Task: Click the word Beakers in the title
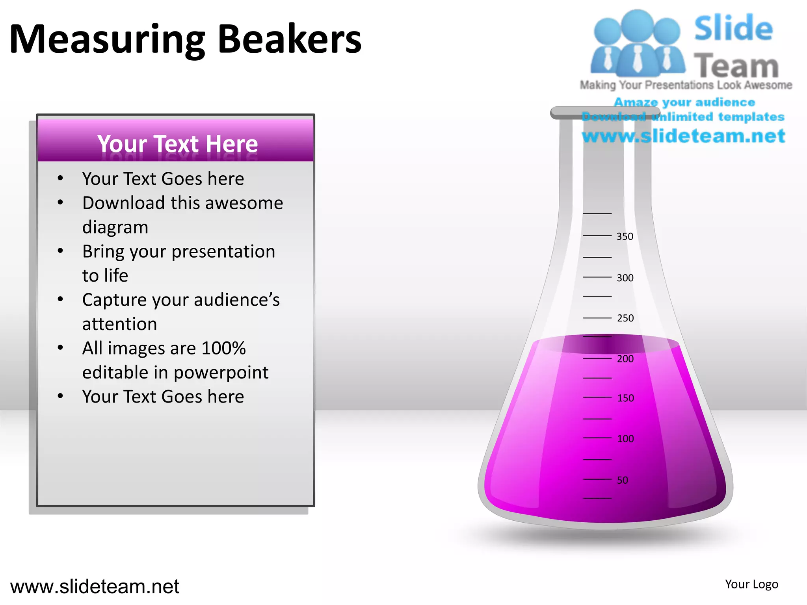(x=289, y=39)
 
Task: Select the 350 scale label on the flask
(x=625, y=236)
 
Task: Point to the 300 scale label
(x=625, y=278)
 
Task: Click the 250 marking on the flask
(x=625, y=318)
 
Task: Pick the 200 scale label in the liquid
(x=625, y=359)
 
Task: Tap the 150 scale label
(x=625, y=398)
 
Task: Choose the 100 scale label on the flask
(x=625, y=439)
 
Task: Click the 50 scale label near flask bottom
(x=622, y=480)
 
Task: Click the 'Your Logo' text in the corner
(x=751, y=584)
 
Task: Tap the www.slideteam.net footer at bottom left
(x=95, y=586)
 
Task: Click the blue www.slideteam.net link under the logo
(x=683, y=136)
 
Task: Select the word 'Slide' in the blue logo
(x=733, y=28)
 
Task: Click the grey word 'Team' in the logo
(x=736, y=65)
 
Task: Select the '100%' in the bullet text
(x=223, y=348)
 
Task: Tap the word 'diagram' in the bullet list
(x=115, y=227)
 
